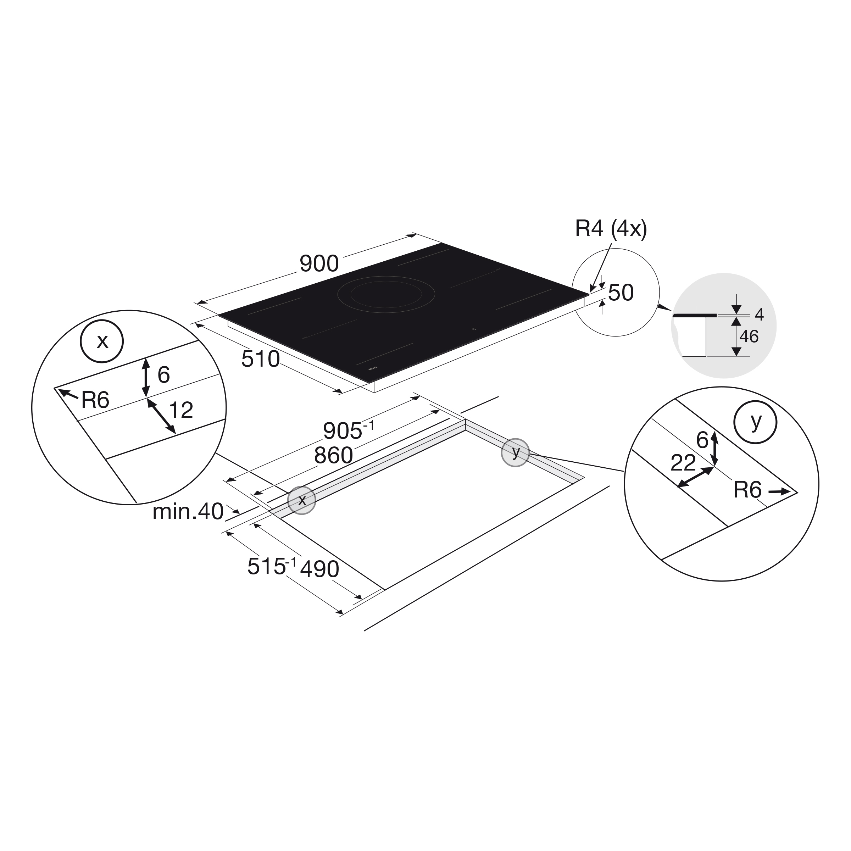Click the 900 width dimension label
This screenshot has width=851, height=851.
point(319,264)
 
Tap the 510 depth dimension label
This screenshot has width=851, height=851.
point(260,360)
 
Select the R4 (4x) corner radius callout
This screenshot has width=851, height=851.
point(611,229)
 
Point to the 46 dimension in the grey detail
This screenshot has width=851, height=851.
point(749,337)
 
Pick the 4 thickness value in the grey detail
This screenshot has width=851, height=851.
point(759,315)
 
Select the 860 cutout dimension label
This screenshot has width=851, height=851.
point(333,455)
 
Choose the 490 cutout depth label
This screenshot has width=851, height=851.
point(319,569)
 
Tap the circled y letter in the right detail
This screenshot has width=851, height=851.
point(755,422)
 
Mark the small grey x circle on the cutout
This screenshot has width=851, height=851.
point(302,500)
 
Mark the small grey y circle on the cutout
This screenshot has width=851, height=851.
point(515,452)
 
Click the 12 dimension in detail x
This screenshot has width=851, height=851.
point(180,411)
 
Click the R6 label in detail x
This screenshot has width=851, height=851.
point(95,400)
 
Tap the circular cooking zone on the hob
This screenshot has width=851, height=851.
point(386,294)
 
